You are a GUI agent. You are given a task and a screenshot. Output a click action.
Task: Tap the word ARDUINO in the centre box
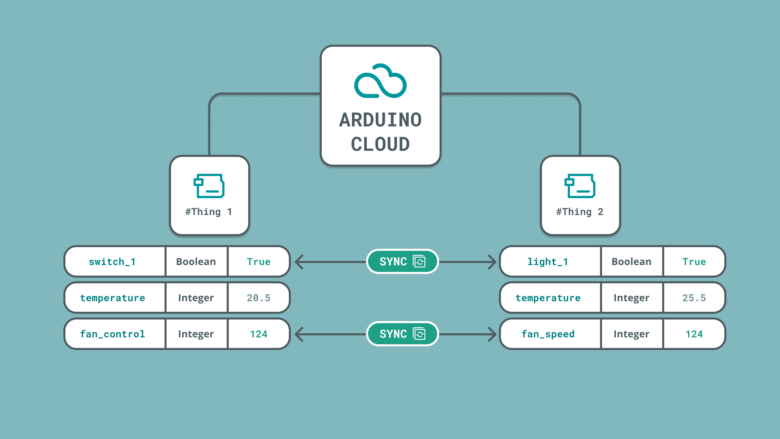point(380,120)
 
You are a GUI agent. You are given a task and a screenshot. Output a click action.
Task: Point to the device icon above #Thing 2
point(580,186)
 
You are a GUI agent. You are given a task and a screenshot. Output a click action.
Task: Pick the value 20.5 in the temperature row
point(259,298)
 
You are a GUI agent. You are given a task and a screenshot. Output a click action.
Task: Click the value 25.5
point(694,298)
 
